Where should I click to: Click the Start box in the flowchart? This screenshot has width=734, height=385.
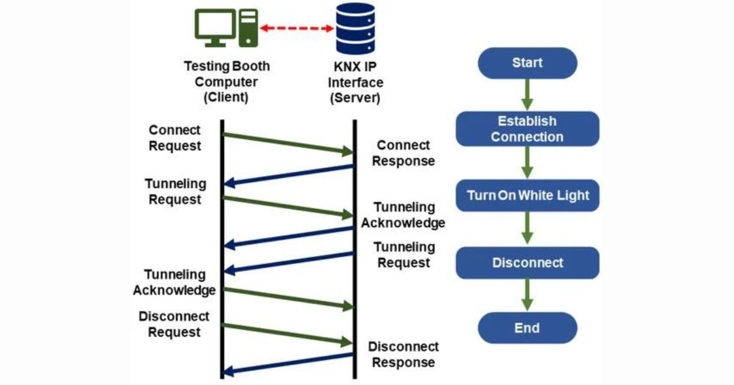pos(527,63)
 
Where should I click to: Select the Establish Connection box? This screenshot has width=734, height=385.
pos(527,129)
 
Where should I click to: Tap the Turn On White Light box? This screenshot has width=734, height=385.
pos(527,196)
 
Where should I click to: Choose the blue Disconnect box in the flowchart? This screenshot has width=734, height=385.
pos(527,263)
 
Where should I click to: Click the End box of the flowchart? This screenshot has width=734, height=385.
pos(527,328)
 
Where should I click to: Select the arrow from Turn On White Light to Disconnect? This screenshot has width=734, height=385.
pos(527,229)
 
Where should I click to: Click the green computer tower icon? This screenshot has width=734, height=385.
pos(248,27)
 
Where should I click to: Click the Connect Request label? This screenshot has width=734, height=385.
pos(174,138)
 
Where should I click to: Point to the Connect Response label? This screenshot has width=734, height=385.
pos(403,153)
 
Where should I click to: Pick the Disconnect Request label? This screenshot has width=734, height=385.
pos(174,324)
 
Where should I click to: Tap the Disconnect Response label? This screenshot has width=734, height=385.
pos(403,354)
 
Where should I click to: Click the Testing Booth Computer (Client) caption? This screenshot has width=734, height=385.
pos(226,82)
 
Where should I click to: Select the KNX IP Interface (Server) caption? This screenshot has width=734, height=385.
pos(355,82)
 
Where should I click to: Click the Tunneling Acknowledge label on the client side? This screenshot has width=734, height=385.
pos(174,282)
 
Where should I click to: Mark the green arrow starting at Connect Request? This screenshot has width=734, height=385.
pos(287,143)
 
